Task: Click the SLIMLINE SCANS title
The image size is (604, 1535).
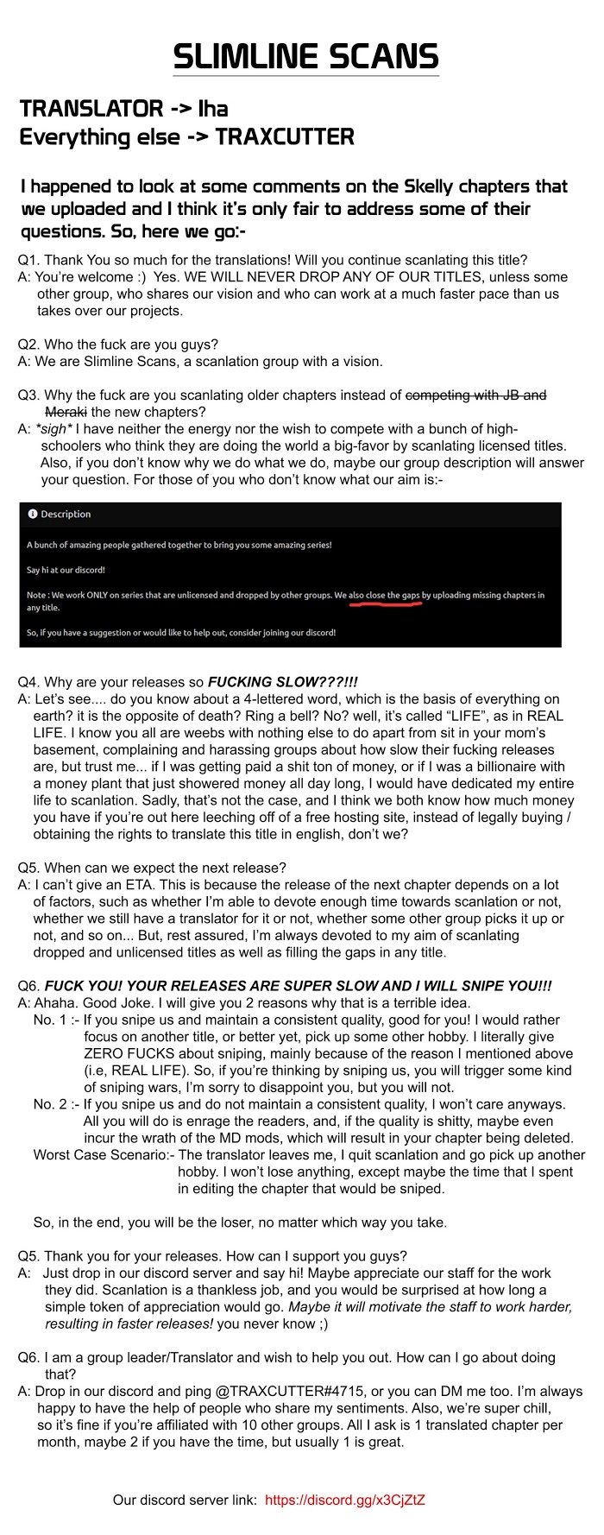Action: [x=305, y=57]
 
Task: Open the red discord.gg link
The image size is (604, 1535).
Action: [x=345, y=1500]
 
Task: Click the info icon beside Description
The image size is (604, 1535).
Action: [x=33, y=514]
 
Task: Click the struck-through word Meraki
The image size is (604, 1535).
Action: [x=65, y=411]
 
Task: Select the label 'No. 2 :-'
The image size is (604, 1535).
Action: [x=57, y=1104]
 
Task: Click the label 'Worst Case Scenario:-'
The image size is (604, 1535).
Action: [x=104, y=1155]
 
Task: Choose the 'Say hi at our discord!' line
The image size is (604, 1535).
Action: [x=66, y=570]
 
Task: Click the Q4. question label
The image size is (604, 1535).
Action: [x=28, y=682]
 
